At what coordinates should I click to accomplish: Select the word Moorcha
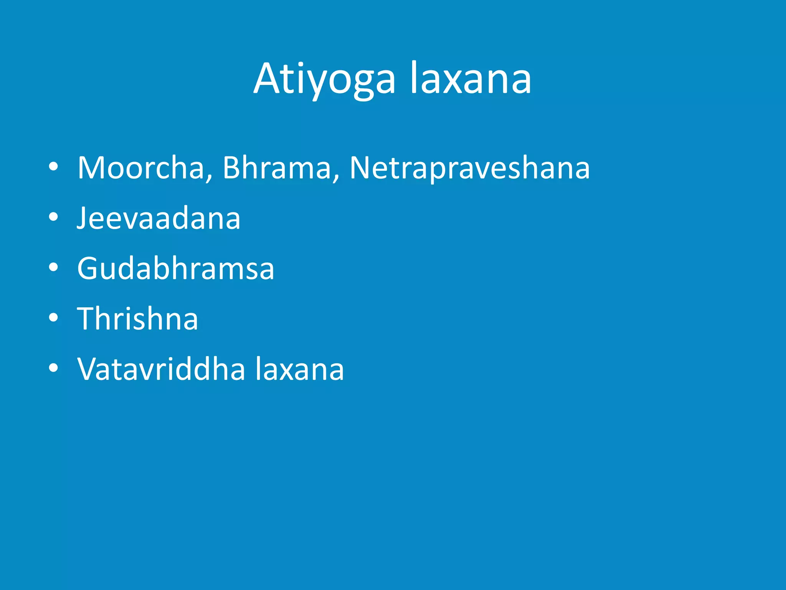pyautogui.click(x=140, y=168)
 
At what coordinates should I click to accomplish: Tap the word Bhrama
pyautogui.click(x=276, y=168)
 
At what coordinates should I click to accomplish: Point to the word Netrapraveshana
pyautogui.click(x=469, y=168)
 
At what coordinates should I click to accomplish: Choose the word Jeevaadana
pyautogui.click(x=159, y=218)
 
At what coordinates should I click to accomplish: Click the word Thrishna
pyautogui.click(x=137, y=318)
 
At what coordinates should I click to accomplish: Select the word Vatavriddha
pyautogui.click(x=161, y=369)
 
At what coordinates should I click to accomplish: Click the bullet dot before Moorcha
pyautogui.click(x=53, y=167)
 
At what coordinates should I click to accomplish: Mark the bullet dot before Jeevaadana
pyautogui.click(x=53, y=217)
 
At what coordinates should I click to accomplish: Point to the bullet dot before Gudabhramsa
pyautogui.click(x=53, y=267)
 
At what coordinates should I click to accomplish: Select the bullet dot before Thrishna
pyautogui.click(x=53, y=318)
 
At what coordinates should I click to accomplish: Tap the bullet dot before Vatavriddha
pyautogui.click(x=53, y=368)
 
